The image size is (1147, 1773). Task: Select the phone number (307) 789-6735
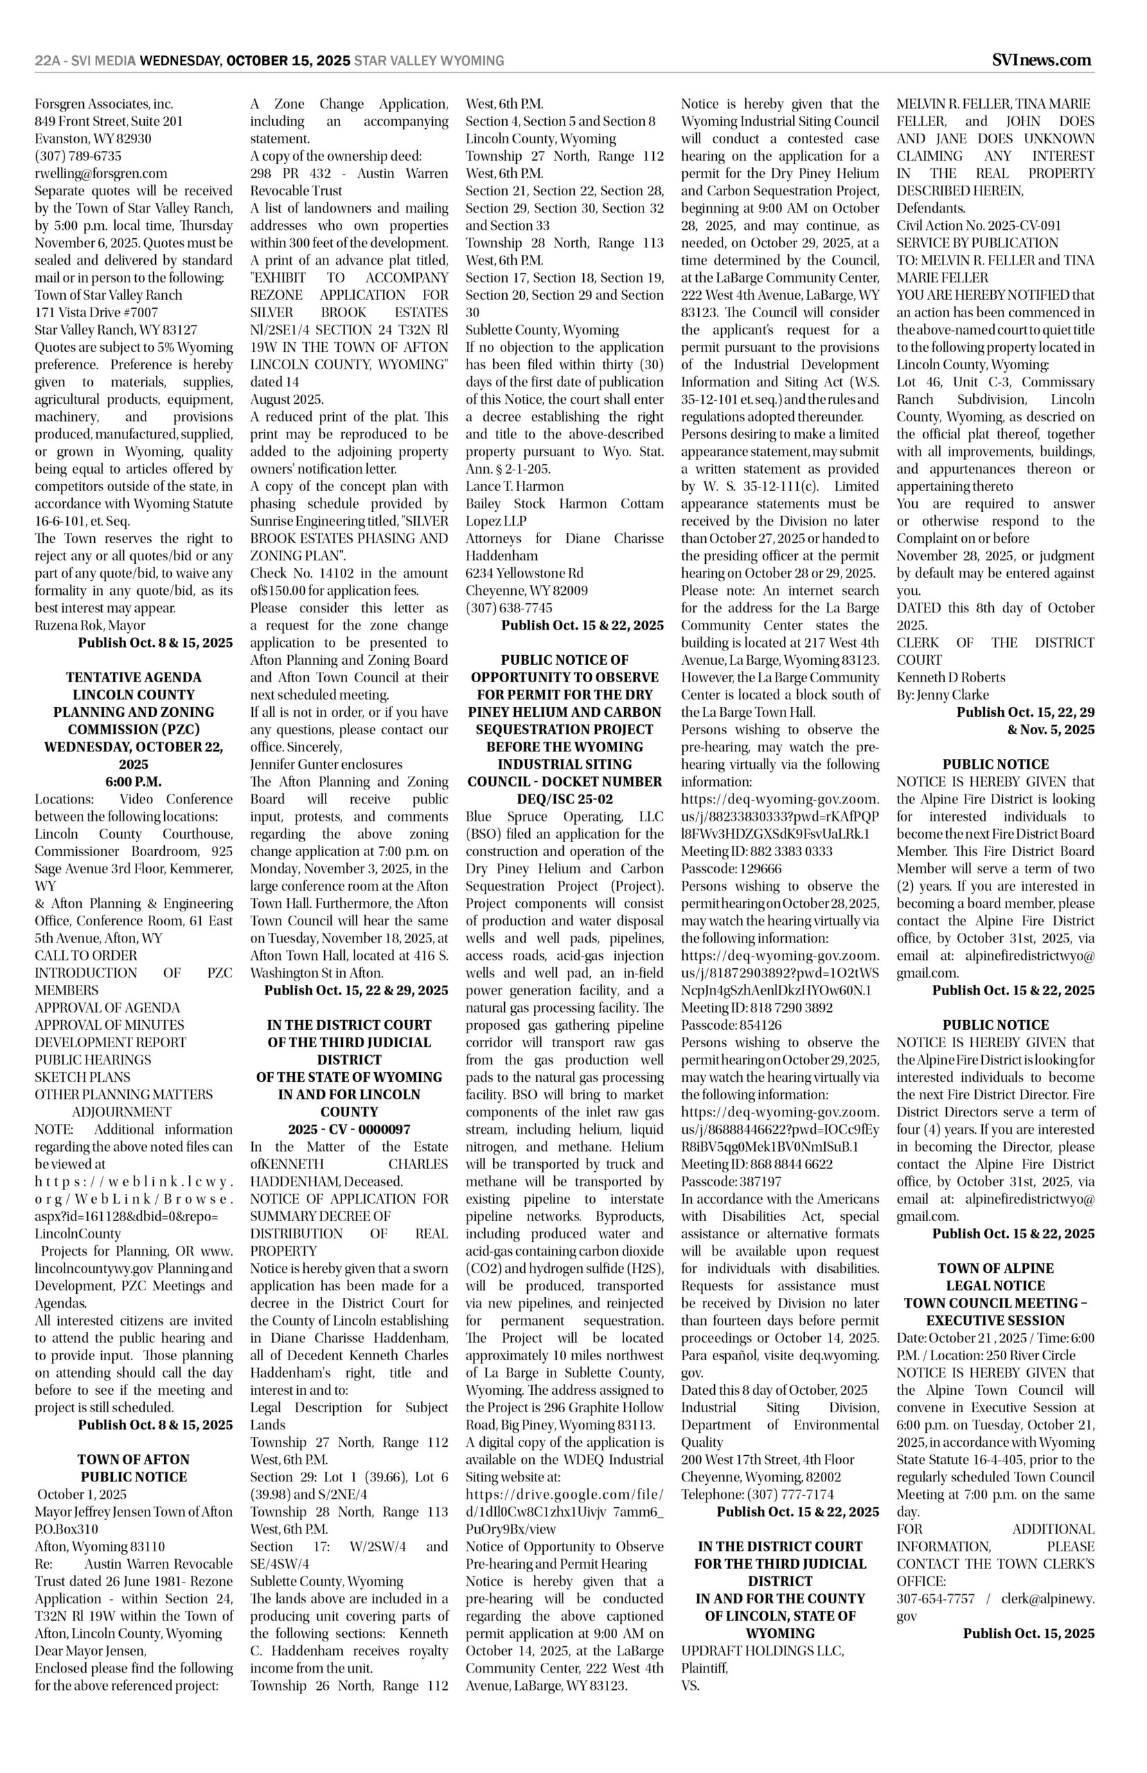click(x=78, y=157)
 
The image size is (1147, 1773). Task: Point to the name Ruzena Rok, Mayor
click(x=90, y=625)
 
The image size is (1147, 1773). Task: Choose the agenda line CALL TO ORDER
click(x=86, y=955)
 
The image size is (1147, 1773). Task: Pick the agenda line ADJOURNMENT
click(x=121, y=1112)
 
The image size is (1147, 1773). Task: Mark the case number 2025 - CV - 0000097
click(x=348, y=1130)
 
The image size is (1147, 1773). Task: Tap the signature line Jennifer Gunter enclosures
click(x=326, y=765)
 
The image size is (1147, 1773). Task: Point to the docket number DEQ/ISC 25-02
click(x=564, y=799)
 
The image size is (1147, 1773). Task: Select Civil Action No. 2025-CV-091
click(x=979, y=226)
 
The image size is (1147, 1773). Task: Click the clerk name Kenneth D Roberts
click(x=950, y=677)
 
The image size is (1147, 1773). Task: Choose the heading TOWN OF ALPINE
click(x=995, y=1268)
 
